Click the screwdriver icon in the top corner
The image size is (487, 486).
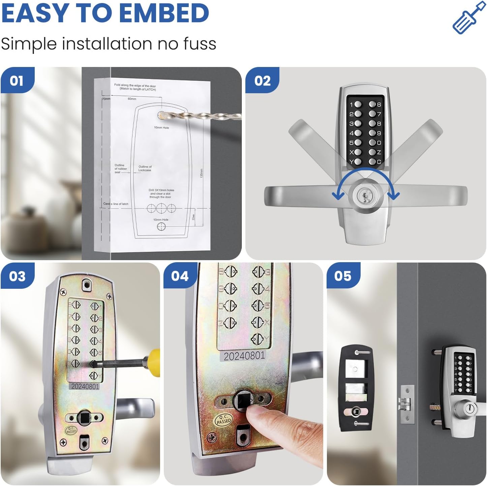pos(469,18)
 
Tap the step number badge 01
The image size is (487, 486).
pos(17,81)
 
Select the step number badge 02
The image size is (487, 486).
pos(262,81)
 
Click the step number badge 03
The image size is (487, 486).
pos(17,276)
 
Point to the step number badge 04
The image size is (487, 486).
pos(180,276)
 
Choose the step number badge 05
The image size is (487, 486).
pos(343,276)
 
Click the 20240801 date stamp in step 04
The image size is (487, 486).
pos(244,356)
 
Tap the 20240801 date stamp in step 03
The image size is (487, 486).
pos(85,386)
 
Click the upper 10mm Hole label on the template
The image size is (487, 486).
pos(161,128)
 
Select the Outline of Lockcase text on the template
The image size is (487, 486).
pos(145,168)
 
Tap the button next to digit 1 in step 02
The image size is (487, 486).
pos(358,105)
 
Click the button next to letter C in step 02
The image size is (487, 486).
pos(372,162)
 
